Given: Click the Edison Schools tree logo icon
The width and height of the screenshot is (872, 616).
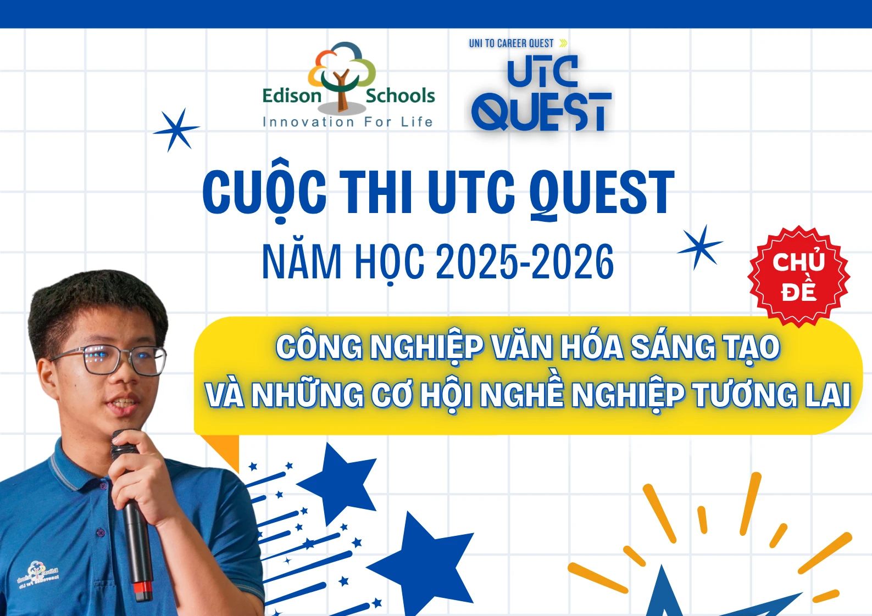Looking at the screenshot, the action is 342,75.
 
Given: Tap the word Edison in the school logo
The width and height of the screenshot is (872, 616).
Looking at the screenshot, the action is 292,96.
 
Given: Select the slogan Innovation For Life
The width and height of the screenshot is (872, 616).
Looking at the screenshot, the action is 348,122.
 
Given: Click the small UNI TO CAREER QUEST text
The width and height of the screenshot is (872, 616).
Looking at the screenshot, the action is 511,43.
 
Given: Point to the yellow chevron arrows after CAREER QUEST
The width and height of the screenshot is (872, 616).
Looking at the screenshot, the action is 563,43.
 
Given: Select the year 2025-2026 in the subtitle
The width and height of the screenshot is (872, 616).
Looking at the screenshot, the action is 525,261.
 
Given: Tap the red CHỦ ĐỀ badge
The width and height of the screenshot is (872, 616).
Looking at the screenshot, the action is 799,277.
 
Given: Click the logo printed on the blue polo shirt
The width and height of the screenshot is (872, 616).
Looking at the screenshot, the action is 38,575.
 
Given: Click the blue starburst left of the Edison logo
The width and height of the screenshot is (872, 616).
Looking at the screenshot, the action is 176,130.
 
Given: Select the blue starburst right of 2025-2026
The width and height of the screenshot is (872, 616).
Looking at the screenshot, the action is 701,247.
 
